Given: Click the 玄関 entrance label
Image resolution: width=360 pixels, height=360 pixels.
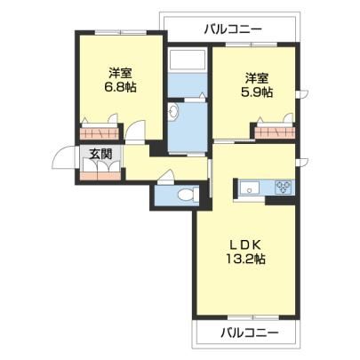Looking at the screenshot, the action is point(100,154).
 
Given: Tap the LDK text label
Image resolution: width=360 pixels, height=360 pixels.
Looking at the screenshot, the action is point(245,244).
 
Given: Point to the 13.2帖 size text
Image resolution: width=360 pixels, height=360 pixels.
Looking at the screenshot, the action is point(245,260).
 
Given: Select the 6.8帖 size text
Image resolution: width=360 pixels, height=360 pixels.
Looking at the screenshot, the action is point(120,87).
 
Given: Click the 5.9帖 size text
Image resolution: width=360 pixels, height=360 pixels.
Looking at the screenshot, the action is point(256,92).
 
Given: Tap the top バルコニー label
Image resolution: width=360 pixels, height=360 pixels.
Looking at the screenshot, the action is point(233,29).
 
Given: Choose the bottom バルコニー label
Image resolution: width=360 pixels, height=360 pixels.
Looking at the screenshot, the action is point(250,333).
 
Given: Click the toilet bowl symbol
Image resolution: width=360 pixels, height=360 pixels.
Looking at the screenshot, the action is point(188,195).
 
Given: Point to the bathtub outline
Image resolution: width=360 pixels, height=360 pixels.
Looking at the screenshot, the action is point(188,60).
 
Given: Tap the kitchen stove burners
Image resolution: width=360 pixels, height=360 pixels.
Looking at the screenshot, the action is point(284,188).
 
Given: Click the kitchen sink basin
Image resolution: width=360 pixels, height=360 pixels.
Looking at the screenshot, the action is point(250,188).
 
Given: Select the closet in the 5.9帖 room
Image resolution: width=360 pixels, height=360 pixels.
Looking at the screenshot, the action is point(275,132).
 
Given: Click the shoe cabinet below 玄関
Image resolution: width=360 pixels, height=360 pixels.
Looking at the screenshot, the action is point(100,176).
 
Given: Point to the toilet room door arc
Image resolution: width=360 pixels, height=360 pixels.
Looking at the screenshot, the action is point(166,175).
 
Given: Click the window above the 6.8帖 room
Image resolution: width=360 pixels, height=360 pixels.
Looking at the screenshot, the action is point(120,32).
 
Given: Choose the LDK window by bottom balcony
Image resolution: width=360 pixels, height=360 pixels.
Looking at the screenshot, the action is point(252,317).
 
